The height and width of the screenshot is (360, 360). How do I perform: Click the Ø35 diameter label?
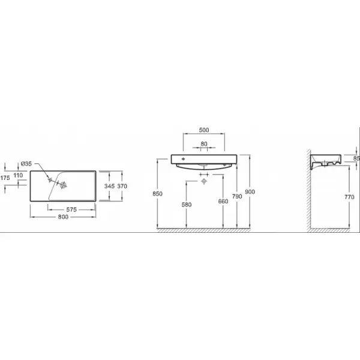pos(26,164)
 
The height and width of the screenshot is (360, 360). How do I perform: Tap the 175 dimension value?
pos(5,178)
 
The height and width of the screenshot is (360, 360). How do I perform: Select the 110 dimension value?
pos(18,175)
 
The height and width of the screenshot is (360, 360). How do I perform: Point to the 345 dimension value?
pos(109,186)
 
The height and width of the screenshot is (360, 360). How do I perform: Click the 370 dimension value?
pos(122,186)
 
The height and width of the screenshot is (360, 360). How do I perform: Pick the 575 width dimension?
pos(71,209)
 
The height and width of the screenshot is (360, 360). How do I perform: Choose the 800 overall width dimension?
pos(63,217)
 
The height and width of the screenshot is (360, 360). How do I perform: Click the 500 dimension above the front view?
pos(204,130)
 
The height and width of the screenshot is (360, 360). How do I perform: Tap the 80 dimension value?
pos(204,144)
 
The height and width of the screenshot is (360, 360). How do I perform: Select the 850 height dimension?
pos(157,194)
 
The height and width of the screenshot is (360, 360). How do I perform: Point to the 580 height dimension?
pos(187,205)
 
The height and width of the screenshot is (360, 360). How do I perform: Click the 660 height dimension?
pos(223,202)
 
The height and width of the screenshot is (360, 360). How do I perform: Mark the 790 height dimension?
pos(237,197)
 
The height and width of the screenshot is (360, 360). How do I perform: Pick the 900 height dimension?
pos(250,192)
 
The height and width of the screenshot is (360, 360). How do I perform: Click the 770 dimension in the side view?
pos(349,197)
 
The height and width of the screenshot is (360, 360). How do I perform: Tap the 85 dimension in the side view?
pos(356,158)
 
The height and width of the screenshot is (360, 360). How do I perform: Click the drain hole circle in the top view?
pos(64,185)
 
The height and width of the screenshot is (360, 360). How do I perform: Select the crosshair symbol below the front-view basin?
pos(204,181)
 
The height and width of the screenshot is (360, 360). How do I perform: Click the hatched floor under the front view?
pos(203,230)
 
